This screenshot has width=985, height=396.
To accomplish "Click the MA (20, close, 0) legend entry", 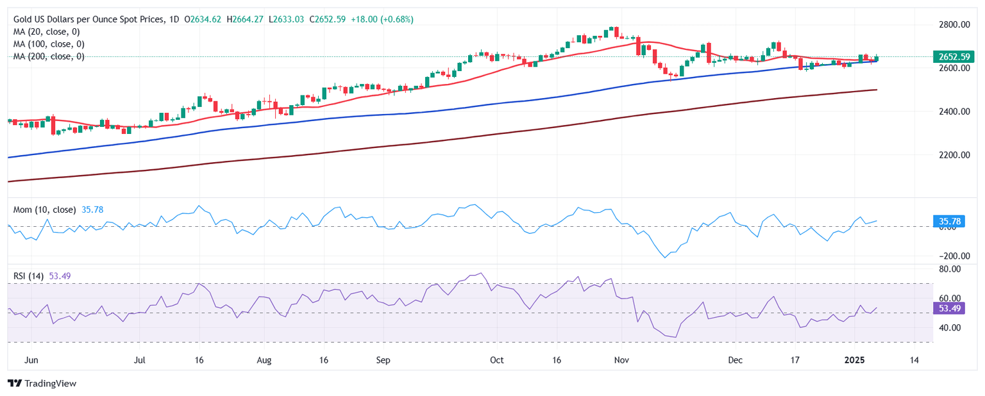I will pos(49,31).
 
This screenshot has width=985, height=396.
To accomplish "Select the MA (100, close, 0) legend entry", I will pos(51,44).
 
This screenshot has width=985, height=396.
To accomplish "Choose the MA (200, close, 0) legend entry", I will pos(51,56).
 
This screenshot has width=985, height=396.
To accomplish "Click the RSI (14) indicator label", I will pos(28,276).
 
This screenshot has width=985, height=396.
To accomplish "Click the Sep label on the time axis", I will pos(383,360).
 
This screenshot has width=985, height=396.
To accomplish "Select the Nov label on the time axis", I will pos(620,360).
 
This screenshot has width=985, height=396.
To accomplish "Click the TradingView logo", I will pos(42,383).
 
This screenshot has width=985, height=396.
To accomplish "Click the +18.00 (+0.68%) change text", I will pos(382,20).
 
